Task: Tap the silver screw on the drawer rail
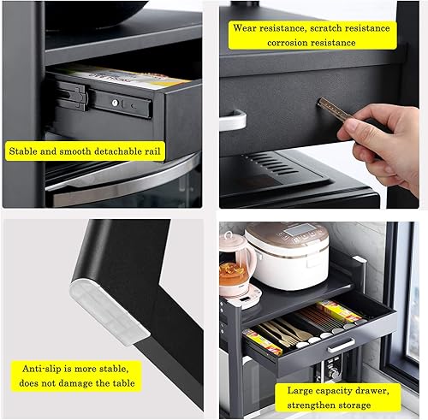[x=115, y=103]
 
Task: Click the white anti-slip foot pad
[x=109, y=312]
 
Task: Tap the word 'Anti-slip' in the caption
[x=42, y=369]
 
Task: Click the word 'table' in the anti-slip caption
[x=123, y=383]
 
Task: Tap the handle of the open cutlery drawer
[x=341, y=346]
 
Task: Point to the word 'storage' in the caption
[x=354, y=405]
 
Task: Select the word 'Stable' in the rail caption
[x=23, y=151]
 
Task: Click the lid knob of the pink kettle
[x=228, y=235]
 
